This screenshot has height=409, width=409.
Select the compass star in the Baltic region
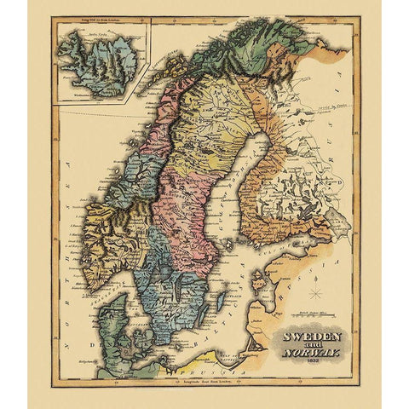[315, 294]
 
